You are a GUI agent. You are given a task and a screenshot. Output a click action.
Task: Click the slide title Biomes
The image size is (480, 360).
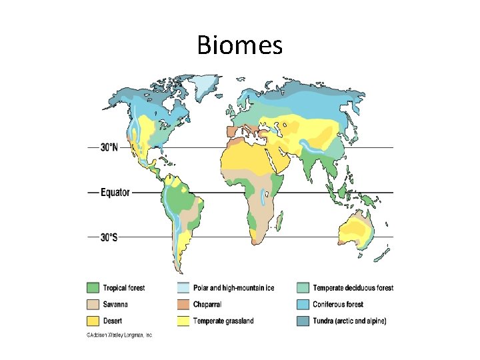[x=240, y=45]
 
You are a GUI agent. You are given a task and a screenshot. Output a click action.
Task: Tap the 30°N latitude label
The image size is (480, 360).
[x=110, y=148]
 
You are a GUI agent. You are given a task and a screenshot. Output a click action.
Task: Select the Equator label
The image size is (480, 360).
[x=113, y=193]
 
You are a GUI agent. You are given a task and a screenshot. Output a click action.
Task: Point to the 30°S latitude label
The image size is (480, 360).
[x=110, y=237]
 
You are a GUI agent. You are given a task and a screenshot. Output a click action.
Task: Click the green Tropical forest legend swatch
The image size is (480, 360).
[x=92, y=288]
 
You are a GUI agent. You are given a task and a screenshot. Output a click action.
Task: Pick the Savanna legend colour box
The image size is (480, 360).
[x=92, y=305]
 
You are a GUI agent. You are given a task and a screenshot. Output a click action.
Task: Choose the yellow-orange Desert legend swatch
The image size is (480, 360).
[x=92, y=321]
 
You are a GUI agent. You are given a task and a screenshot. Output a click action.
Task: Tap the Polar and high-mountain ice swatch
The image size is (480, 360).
[x=183, y=288]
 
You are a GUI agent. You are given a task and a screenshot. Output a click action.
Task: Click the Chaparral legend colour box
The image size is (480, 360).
[x=183, y=305]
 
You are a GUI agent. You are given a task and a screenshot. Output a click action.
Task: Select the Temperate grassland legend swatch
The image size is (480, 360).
[x=183, y=321]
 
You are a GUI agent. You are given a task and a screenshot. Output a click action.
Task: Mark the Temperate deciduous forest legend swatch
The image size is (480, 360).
[x=303, y=288]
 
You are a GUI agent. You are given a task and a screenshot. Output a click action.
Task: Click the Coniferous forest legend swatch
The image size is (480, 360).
[x=303, y=305]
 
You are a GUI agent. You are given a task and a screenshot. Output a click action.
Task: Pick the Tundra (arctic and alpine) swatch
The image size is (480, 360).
[x=303, y=321]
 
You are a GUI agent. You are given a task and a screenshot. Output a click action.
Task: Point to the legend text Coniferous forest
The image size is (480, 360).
[x=338, y=305]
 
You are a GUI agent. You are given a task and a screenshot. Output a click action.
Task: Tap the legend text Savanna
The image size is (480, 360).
[x=115, y=305]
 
